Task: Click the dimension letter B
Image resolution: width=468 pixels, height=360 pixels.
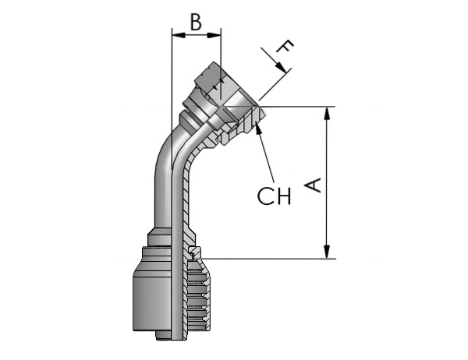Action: [196, 22]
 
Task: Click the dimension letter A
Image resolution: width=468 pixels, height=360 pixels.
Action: [313, 185]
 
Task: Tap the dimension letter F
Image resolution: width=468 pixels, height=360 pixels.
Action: [285, 46]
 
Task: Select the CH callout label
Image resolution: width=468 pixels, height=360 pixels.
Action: [274, 196]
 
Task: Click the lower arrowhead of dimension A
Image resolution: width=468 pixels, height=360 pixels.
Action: [328, 252]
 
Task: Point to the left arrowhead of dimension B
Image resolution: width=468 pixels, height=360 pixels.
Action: [179, 35]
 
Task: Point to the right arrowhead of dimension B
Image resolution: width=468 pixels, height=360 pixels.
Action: [214, 35]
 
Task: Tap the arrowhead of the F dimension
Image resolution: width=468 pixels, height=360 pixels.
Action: [281, 66]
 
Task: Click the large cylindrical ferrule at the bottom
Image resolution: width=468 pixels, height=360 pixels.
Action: [152, 298]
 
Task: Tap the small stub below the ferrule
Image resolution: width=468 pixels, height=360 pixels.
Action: [164, 335]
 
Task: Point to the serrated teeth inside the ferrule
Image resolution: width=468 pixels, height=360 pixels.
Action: [197, 295]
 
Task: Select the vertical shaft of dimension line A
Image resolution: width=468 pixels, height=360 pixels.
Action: [328, 182]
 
